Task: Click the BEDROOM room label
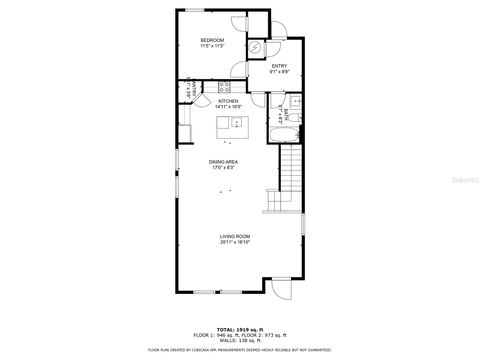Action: pos(211,40)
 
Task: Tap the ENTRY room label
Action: pos(279,66)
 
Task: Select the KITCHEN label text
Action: pos(228,100)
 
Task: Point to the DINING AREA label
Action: pos(223,161)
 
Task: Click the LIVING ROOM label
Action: pos(235,236)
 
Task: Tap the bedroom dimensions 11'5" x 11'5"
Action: pos(211,47)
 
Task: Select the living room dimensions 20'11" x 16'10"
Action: pos(235,242)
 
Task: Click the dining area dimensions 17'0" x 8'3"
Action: pos(223,167)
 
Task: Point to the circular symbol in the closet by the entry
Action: pos(256,48)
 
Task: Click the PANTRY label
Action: pos(186,93)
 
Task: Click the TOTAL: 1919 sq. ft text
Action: pos(239,328)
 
